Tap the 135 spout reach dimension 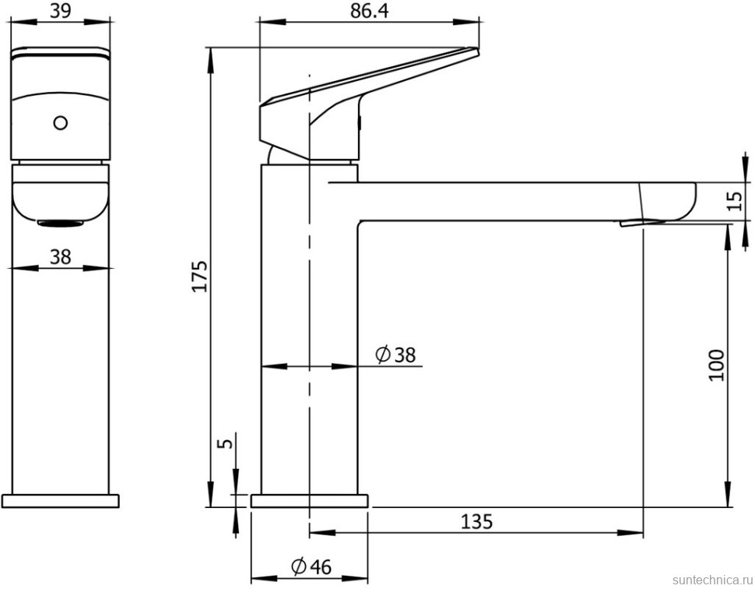point(476,521)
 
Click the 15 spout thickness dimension point(733,202)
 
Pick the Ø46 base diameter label point(311,567)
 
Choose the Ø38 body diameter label point(395,355)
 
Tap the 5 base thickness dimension point(226,443)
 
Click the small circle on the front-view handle point(59,122)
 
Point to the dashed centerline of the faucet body point(310,312)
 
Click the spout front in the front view point(59,199)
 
